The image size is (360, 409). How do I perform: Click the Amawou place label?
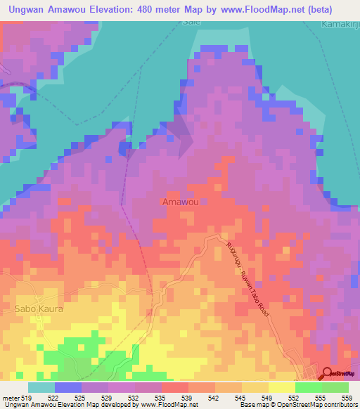(x=180, y=202)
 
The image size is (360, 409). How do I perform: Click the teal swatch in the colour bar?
(x=41, y=388)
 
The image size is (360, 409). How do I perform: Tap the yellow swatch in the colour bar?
(x=281, y=388)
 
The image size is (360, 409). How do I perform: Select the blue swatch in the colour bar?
(x=68, y=388)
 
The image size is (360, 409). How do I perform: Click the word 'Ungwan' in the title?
(x=26, y=10)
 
